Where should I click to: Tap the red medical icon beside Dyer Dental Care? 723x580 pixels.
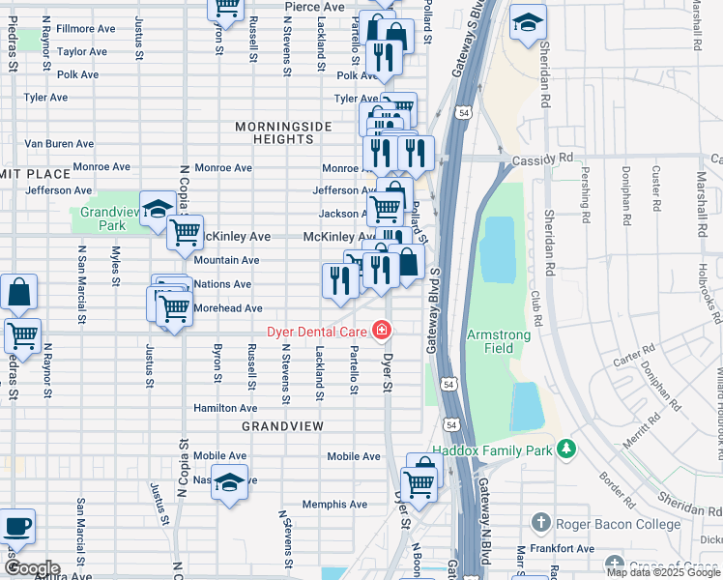(x=383, y=332)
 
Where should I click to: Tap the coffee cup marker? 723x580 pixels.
(x=16, y=527)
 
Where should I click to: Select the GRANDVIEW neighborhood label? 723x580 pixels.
(x=280, y=425)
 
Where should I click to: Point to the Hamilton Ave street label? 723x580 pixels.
(x=224, y=409)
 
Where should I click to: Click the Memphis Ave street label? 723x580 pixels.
(x=334, y=505)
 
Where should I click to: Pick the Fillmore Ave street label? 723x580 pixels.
(x=86, y=29)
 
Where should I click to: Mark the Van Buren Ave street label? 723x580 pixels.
(x=59, y=144)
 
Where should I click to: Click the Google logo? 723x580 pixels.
(x=32, y=568)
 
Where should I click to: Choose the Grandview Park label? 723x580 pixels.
(x=103, y=218)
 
